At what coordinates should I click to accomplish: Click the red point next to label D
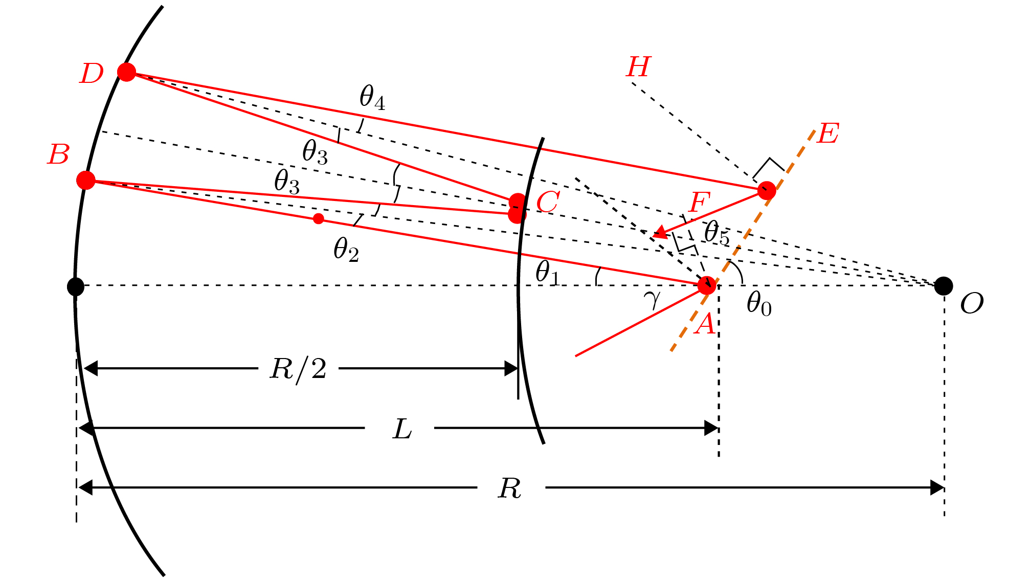pyautogui.click(x=126, y=72)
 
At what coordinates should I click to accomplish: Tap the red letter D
pyautogui.click(x=92, y=74)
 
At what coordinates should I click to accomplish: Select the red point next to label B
pyautogui.click(x=86, y=180)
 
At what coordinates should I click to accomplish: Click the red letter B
pyautogui.click(x=58, y=154)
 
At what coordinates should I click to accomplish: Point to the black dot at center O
pyautogui.click(x=944, y=286)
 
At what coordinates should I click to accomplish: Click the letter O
pyautogui.click(x=972, y=304)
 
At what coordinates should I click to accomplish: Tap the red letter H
pyautogui.click(x=639, y=66)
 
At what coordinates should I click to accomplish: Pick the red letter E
pyautogui.click(x=828, y=133)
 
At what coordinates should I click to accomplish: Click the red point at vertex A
pyautogui.click(x=707, y=285)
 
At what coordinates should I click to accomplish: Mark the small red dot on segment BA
pyautogui.click(x=319, y=219)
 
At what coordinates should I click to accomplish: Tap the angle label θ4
pyautogui.click(x=372, y=97)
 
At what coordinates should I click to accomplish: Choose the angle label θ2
pyautogui.click(x=346, y=250)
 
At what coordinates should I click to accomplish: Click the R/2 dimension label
pyautogui.click(x=298, y=369)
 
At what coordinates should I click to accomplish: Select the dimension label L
pyautogui.click(x=402, y=429)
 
